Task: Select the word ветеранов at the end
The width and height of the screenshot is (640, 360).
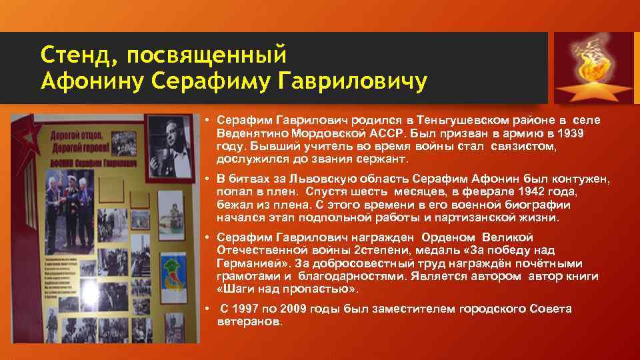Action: click(250, 321)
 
